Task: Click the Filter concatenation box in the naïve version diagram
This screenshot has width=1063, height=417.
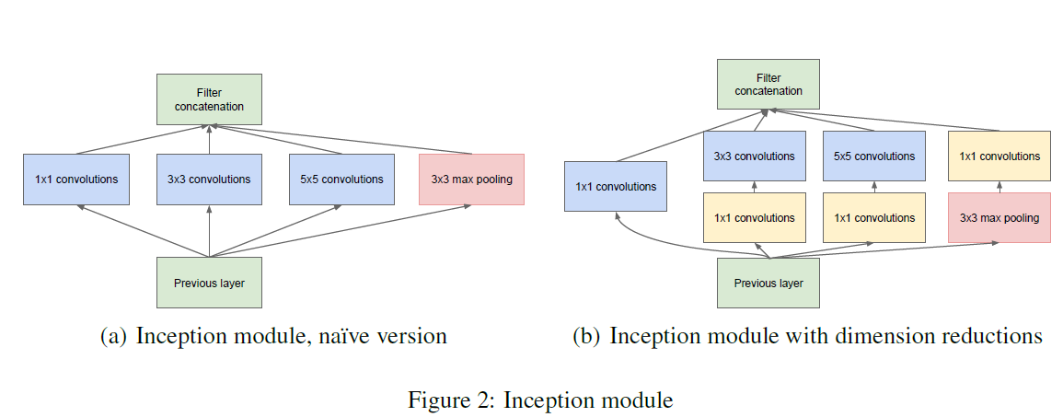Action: [210, 99]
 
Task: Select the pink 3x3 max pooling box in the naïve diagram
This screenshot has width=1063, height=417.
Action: [472, 180]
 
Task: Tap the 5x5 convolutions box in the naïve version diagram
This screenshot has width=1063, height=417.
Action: [341, 180]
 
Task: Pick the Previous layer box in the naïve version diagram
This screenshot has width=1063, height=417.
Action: [210, 283]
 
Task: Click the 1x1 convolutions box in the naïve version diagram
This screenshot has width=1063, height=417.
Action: [76, 180]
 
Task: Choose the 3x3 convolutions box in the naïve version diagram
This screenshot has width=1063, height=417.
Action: [210, 180]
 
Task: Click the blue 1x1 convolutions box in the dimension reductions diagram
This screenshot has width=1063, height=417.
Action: [616, 187]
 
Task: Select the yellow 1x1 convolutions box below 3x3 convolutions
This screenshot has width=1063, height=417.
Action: [755, 217]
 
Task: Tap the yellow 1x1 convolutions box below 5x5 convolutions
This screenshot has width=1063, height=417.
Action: [873, 217]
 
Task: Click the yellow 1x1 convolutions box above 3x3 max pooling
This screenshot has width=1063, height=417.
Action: [999, 156]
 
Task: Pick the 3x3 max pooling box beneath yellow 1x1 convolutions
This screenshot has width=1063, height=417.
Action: [999, 217]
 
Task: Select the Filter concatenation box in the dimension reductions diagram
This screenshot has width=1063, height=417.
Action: [768, 84]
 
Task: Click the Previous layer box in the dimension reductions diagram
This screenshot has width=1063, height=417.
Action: [768, 283]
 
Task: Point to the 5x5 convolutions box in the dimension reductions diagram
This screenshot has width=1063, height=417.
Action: [873, 156]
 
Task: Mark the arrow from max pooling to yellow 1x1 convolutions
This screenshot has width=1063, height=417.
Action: [999, 187]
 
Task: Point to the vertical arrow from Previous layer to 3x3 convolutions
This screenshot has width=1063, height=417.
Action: [210, 230]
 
